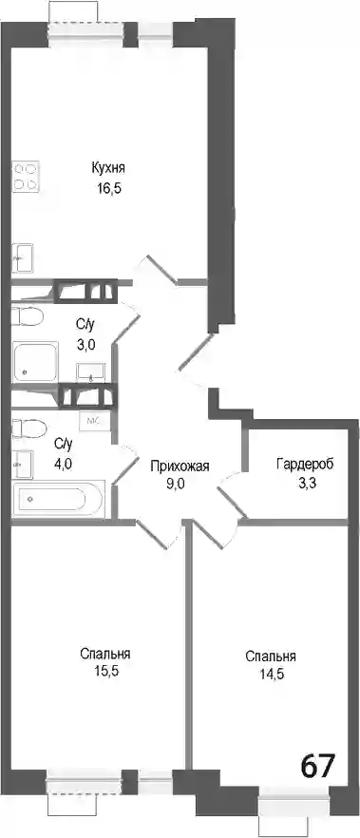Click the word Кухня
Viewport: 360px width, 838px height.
(x=108, y=169)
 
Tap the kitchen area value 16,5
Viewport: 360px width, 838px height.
(x=106, y=189)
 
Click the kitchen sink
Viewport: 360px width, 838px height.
(x=23, y=258)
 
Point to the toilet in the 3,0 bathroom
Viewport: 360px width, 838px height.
(x=27, y=315)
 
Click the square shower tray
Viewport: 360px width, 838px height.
(x=35, y=362)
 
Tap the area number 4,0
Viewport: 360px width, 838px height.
(x=63, y=464)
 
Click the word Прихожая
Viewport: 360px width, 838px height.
(x=180, y=466)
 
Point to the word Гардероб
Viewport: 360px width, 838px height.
(x=305, y=464)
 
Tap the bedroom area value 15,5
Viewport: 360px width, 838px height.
(x=106, y=671)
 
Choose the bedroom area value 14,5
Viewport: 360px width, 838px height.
(x=272, y=674)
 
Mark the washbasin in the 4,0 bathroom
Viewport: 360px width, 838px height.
(x=23, y=464)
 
